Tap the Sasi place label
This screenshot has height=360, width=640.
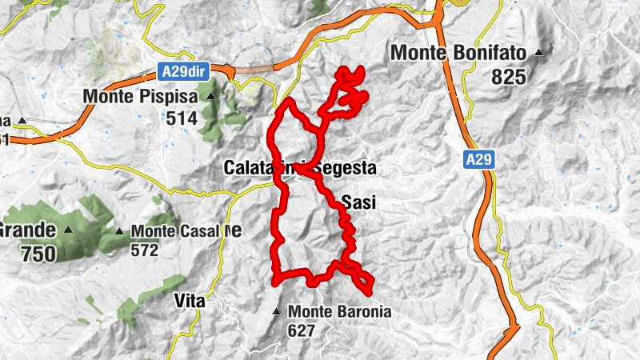(x=358, y=203)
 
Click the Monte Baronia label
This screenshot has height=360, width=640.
(x=340, y=311)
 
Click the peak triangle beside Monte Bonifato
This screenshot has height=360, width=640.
(x=540, y=54)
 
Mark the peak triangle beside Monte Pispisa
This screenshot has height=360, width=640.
(x=211, y=97)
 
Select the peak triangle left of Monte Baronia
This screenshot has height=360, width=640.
(x=277, y=311)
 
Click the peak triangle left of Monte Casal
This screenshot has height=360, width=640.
(x=119, y=231)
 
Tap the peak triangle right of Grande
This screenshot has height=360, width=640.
(x=69, y=230)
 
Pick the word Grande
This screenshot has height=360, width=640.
(x=27, y=230)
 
